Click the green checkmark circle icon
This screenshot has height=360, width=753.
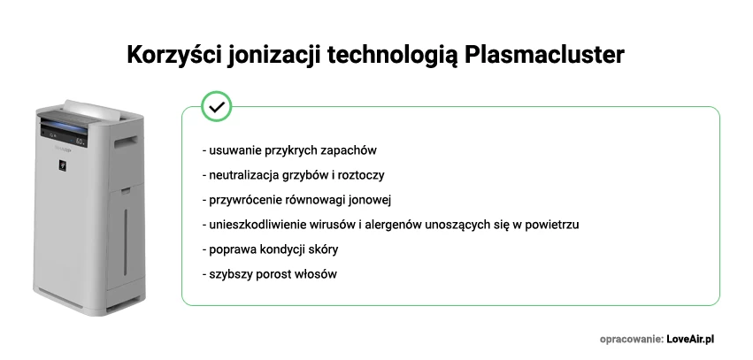pyautogui.click(x=217, y=106)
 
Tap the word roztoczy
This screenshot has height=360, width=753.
pyautogui.click(x=359, y=175)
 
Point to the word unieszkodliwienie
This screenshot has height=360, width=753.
pyautogui.click(x=257, y=225)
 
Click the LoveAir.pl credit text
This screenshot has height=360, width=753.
pyautogui.click(x=690, y=339)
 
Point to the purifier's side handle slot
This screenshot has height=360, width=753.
pyautogui.click(x=126, y=140)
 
